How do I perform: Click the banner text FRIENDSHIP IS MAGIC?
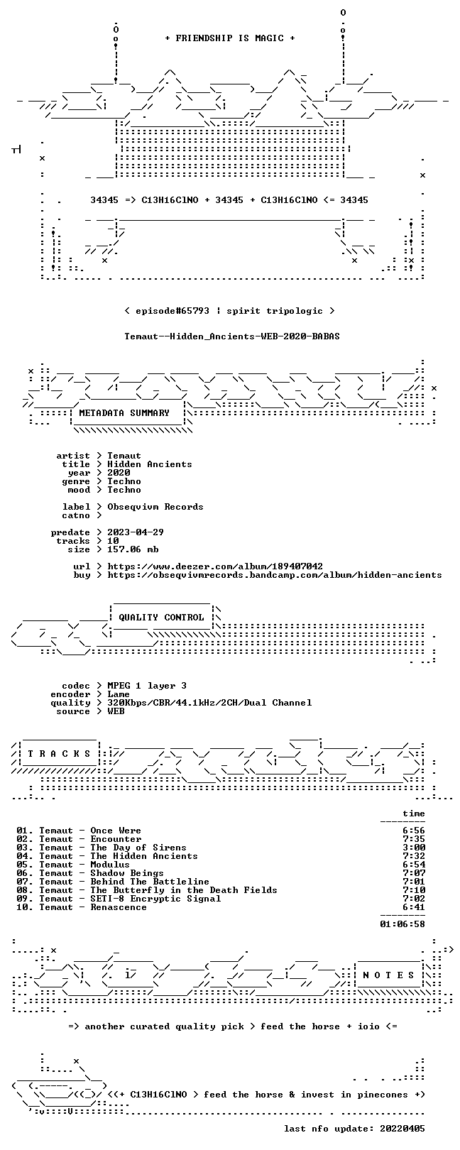pyautogui.click(x=229, y=38)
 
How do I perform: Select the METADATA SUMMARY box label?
pyautogui.click(x=124, y=412)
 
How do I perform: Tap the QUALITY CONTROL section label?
pyautogui.click(x=161, y=617)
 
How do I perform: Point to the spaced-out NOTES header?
pyautogui.click(x=388, y=975)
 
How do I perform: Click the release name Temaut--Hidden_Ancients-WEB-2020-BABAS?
pyautogui.click(x=232, y=336)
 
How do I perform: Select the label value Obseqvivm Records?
pyautogui.click(x=155, y=507)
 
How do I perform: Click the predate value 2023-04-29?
pyautogui.click(x=136, y=532)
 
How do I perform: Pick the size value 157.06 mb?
pyautogui.click(x=133, y=549)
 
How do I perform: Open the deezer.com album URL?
pyautogui.click(x=215, y=566)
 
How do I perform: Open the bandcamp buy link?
pyautogui.click(x=275, y=575)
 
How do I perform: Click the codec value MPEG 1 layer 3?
pyautogui.click(x=147, y=686)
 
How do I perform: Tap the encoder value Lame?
pyautogui.click(x=119, y=694)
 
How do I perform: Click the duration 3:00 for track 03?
pyautogui.click(x=414, y=848)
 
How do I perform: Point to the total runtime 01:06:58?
pyautogui.click(x=402, y=924)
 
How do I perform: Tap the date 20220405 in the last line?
pyautogui.click(x=402, y=1129)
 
